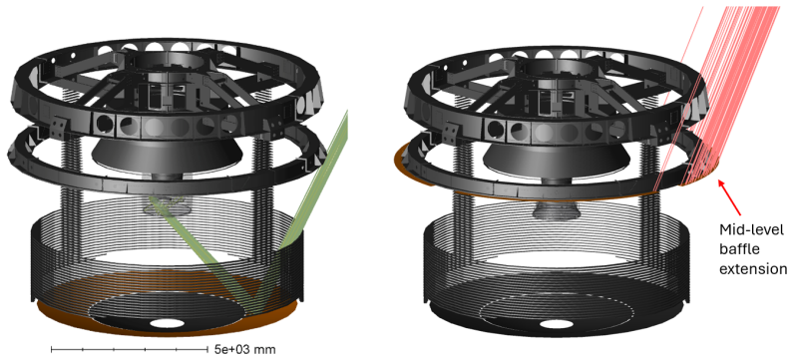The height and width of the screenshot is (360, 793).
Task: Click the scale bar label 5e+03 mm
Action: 244,349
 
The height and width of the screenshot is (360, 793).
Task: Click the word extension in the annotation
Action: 753,268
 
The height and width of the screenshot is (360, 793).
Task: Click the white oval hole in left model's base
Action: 167,323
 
